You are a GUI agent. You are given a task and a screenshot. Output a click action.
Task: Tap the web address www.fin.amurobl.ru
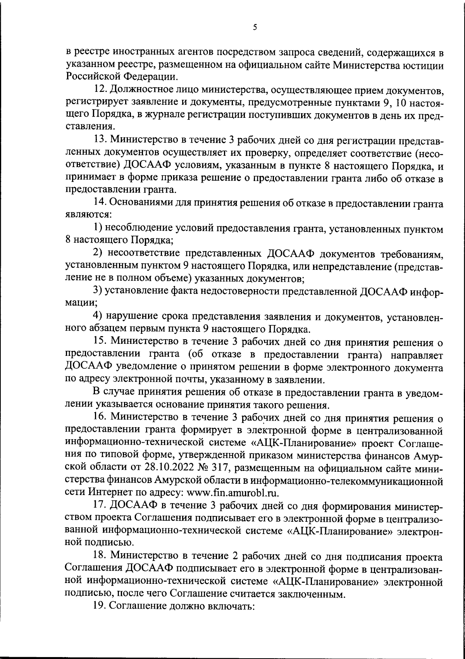(233, 493)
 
